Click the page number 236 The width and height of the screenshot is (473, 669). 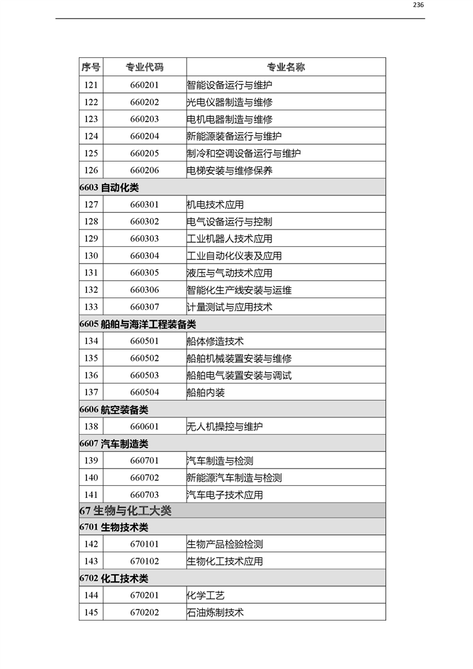[418, 5]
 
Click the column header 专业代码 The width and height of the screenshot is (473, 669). [144, 67]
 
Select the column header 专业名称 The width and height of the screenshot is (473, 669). [285, 67]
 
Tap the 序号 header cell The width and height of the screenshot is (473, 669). [91, 67]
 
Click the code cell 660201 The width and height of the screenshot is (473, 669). [144, 85]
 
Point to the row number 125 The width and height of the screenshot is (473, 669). [91, 153]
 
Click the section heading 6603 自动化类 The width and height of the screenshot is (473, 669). [109, 188]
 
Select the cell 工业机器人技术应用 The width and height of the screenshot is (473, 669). [230, 239]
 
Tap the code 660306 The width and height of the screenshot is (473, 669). [144, 290]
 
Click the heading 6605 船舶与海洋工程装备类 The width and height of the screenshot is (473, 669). [137, 325]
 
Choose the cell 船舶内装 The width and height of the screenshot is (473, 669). [206, 393]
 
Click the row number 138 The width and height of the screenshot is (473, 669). [91, 427]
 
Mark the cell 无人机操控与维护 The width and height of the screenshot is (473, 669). [225, 427]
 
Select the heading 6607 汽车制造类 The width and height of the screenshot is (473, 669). [113, 444]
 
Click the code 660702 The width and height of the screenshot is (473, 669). [144, 478]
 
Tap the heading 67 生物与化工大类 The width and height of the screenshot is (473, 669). [125, 511]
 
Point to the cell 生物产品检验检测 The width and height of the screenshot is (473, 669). [225, 544]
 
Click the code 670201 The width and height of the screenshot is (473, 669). [144, 596]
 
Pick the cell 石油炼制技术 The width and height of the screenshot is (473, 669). [215, 612]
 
